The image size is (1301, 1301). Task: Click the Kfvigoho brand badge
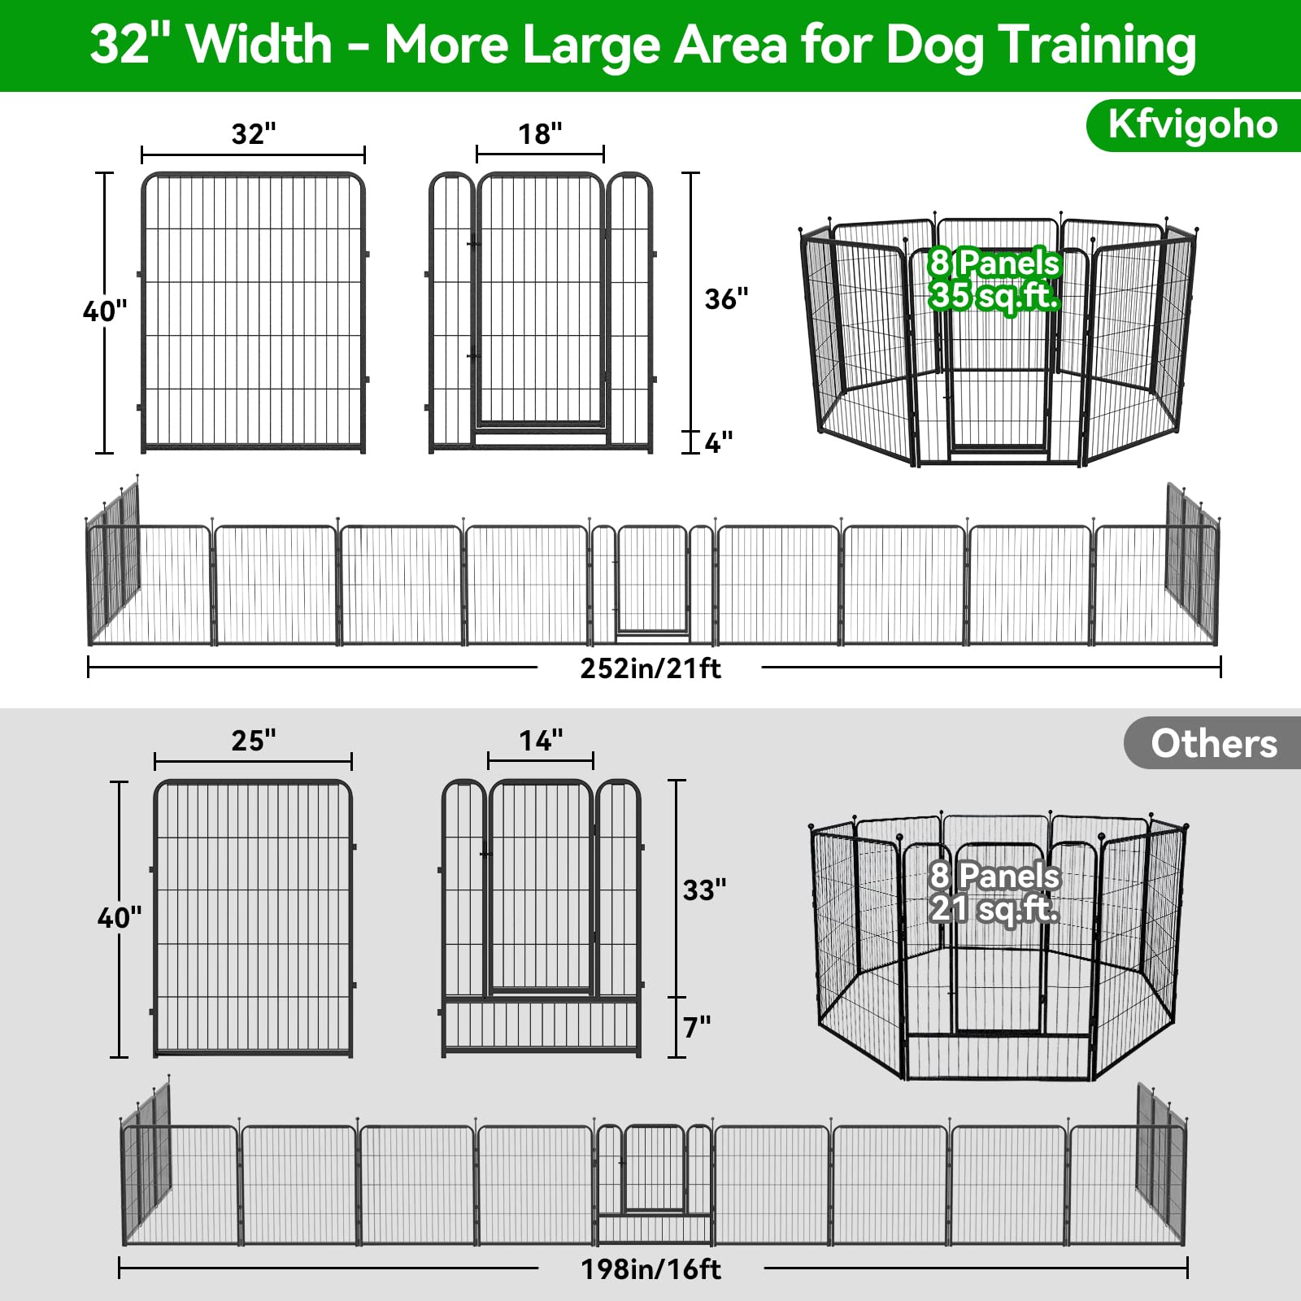[1193, 125]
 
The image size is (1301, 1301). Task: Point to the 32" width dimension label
[254, 133]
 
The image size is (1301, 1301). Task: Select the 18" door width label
[541, 133]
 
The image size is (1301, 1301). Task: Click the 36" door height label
[726, 299]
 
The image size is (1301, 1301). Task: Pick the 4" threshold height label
[719, 443]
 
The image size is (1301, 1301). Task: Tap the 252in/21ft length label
[650, 668]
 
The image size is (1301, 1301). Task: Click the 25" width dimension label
[254, 741]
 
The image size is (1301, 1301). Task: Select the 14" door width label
[541, 741]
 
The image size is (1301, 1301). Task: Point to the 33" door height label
[705, 890]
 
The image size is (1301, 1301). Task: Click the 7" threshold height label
[697, 1028]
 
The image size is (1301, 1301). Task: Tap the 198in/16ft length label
[650, 1269]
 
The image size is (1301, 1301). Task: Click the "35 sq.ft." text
[994, 296]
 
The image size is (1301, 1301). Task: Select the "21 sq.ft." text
[994, 909]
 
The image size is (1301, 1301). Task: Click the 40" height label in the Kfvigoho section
[105, 311]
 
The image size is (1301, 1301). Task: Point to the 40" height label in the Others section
[120, 918]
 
